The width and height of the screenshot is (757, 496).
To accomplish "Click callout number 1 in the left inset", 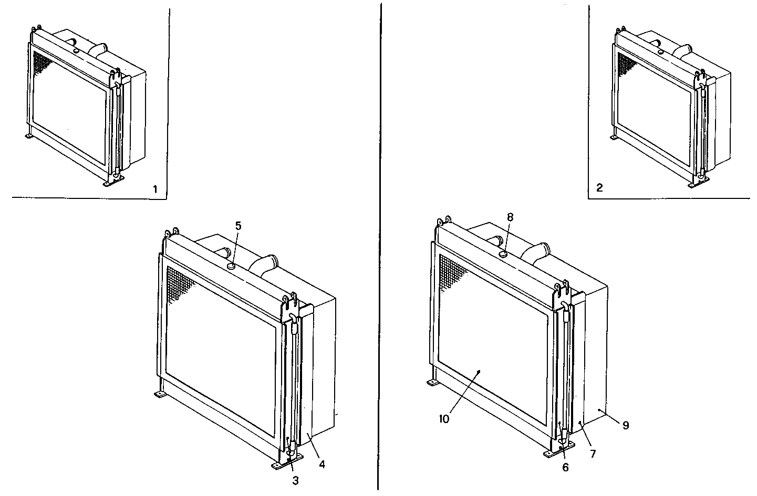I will coord(155,189).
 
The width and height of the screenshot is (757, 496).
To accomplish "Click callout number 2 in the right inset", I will coord(600,188).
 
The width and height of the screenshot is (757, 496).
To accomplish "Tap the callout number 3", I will coord(295,480).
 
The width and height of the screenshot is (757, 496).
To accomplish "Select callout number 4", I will coord(322,464).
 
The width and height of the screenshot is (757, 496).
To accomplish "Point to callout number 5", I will coord(238,226).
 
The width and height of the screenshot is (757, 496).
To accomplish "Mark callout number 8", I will coord(510,216).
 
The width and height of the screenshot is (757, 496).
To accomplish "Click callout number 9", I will coord(626,425).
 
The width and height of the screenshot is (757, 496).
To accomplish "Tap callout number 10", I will coord(444,419).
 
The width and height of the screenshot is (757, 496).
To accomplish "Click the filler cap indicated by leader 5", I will coord(230,267).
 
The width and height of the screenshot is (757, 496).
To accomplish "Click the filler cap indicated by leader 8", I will coord(502,254).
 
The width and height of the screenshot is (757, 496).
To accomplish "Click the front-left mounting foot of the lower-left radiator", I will coord(160,394).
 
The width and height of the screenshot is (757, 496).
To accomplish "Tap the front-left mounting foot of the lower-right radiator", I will coord(432,383).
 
